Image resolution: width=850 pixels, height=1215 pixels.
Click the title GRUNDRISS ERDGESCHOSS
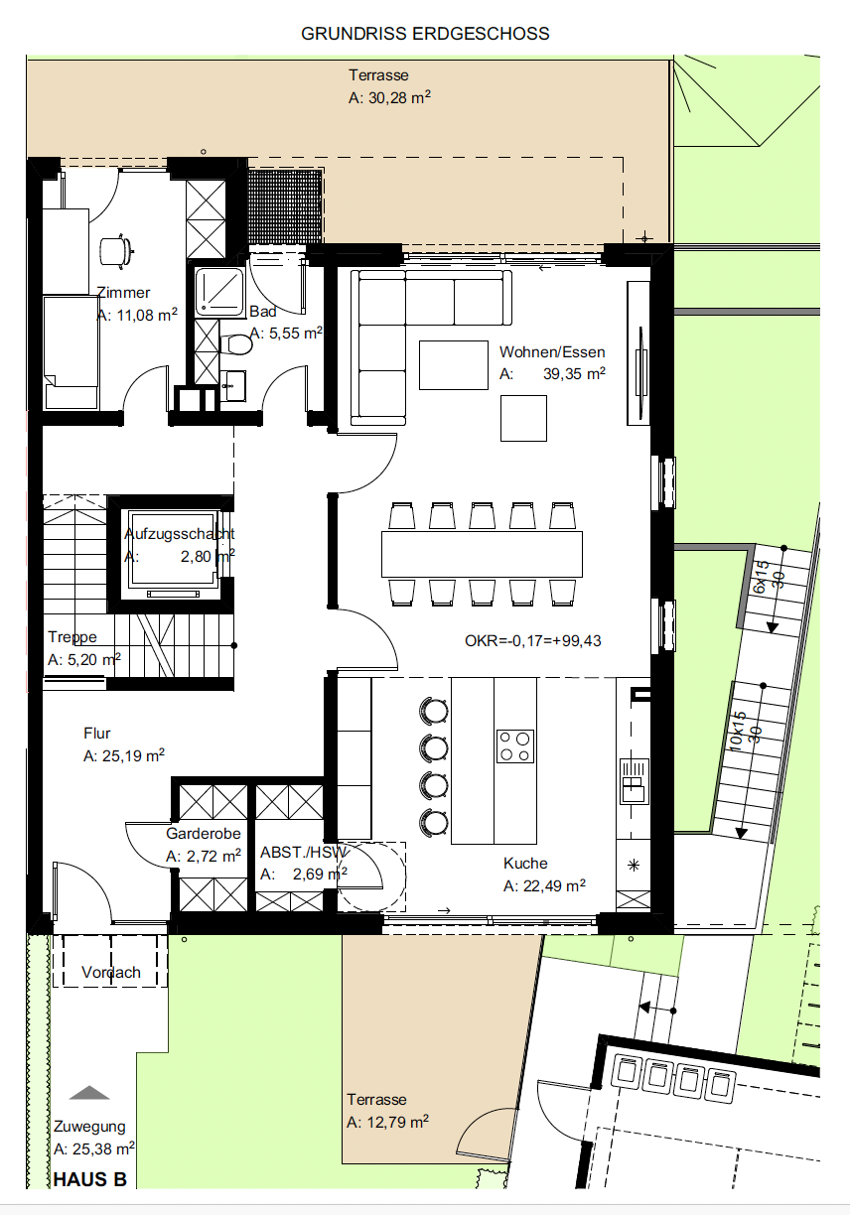425,34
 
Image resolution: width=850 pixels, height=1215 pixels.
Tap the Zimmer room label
124,293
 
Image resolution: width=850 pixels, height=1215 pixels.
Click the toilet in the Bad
237,344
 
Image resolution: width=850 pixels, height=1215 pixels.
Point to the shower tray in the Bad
219,292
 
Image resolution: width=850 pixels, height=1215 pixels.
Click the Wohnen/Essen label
552,352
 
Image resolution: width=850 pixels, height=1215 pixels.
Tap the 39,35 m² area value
574,373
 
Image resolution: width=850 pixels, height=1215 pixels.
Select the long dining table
482,554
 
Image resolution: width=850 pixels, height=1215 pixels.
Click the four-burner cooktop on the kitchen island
515,746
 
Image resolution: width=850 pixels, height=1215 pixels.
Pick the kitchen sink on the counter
635,781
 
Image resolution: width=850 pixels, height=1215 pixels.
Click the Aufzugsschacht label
179,534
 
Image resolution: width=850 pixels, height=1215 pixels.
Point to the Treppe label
72,637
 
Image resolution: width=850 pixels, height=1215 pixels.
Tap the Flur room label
97,734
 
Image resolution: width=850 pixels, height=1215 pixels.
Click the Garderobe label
204,833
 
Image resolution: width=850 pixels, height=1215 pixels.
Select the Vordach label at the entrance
111,972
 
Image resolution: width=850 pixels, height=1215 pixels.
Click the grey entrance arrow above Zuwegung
89,1093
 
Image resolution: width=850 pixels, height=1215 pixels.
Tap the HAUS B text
90,1179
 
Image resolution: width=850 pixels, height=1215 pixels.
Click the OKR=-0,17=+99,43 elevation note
532,641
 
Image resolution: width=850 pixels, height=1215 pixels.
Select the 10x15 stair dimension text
738,732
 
